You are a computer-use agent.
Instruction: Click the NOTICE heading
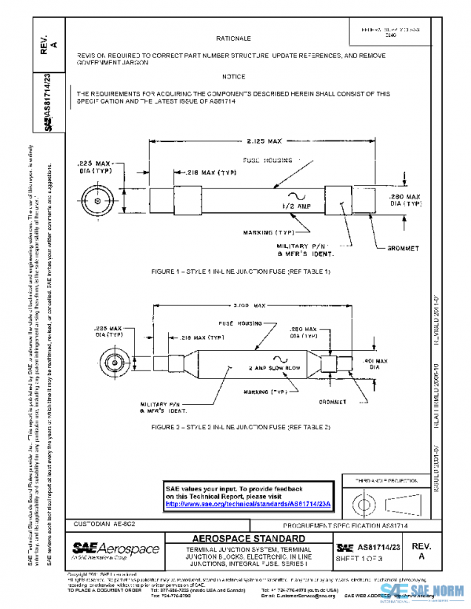(x=233, y=77)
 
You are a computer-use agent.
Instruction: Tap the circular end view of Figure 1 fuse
(x=97, y=198)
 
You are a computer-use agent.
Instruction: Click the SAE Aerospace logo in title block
(x=115, y=549)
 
